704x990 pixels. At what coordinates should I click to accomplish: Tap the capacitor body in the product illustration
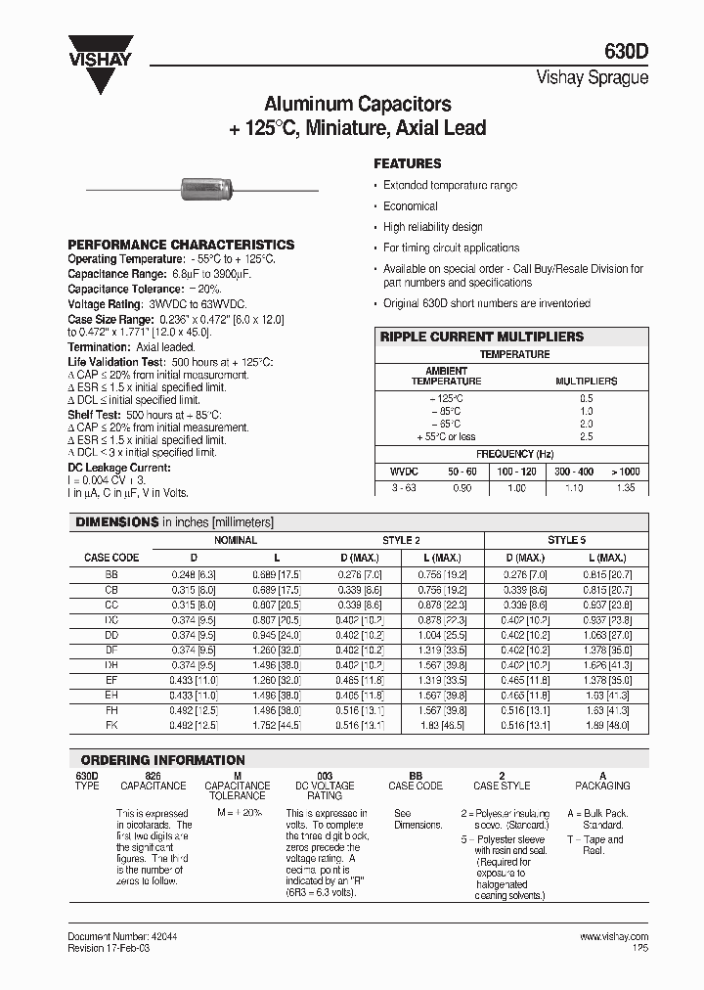pos(201,188)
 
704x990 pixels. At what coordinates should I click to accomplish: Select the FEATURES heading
pos(408,163)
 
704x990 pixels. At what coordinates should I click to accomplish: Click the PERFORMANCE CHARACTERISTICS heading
pos(181,245)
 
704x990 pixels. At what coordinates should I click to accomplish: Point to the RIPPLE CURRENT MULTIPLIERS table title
pos(481,337)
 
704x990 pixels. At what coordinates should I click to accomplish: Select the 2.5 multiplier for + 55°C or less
pos(586,436)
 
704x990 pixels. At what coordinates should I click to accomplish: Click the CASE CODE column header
pos(110,558)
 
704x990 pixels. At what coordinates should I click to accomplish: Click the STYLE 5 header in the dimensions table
pos(567,540)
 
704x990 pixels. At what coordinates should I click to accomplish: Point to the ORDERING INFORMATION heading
pos(162,760)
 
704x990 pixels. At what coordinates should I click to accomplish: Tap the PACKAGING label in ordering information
pos(602,786)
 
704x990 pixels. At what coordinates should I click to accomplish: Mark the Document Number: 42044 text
pos(122,936)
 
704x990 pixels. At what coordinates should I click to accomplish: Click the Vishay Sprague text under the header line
pos(593,78)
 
